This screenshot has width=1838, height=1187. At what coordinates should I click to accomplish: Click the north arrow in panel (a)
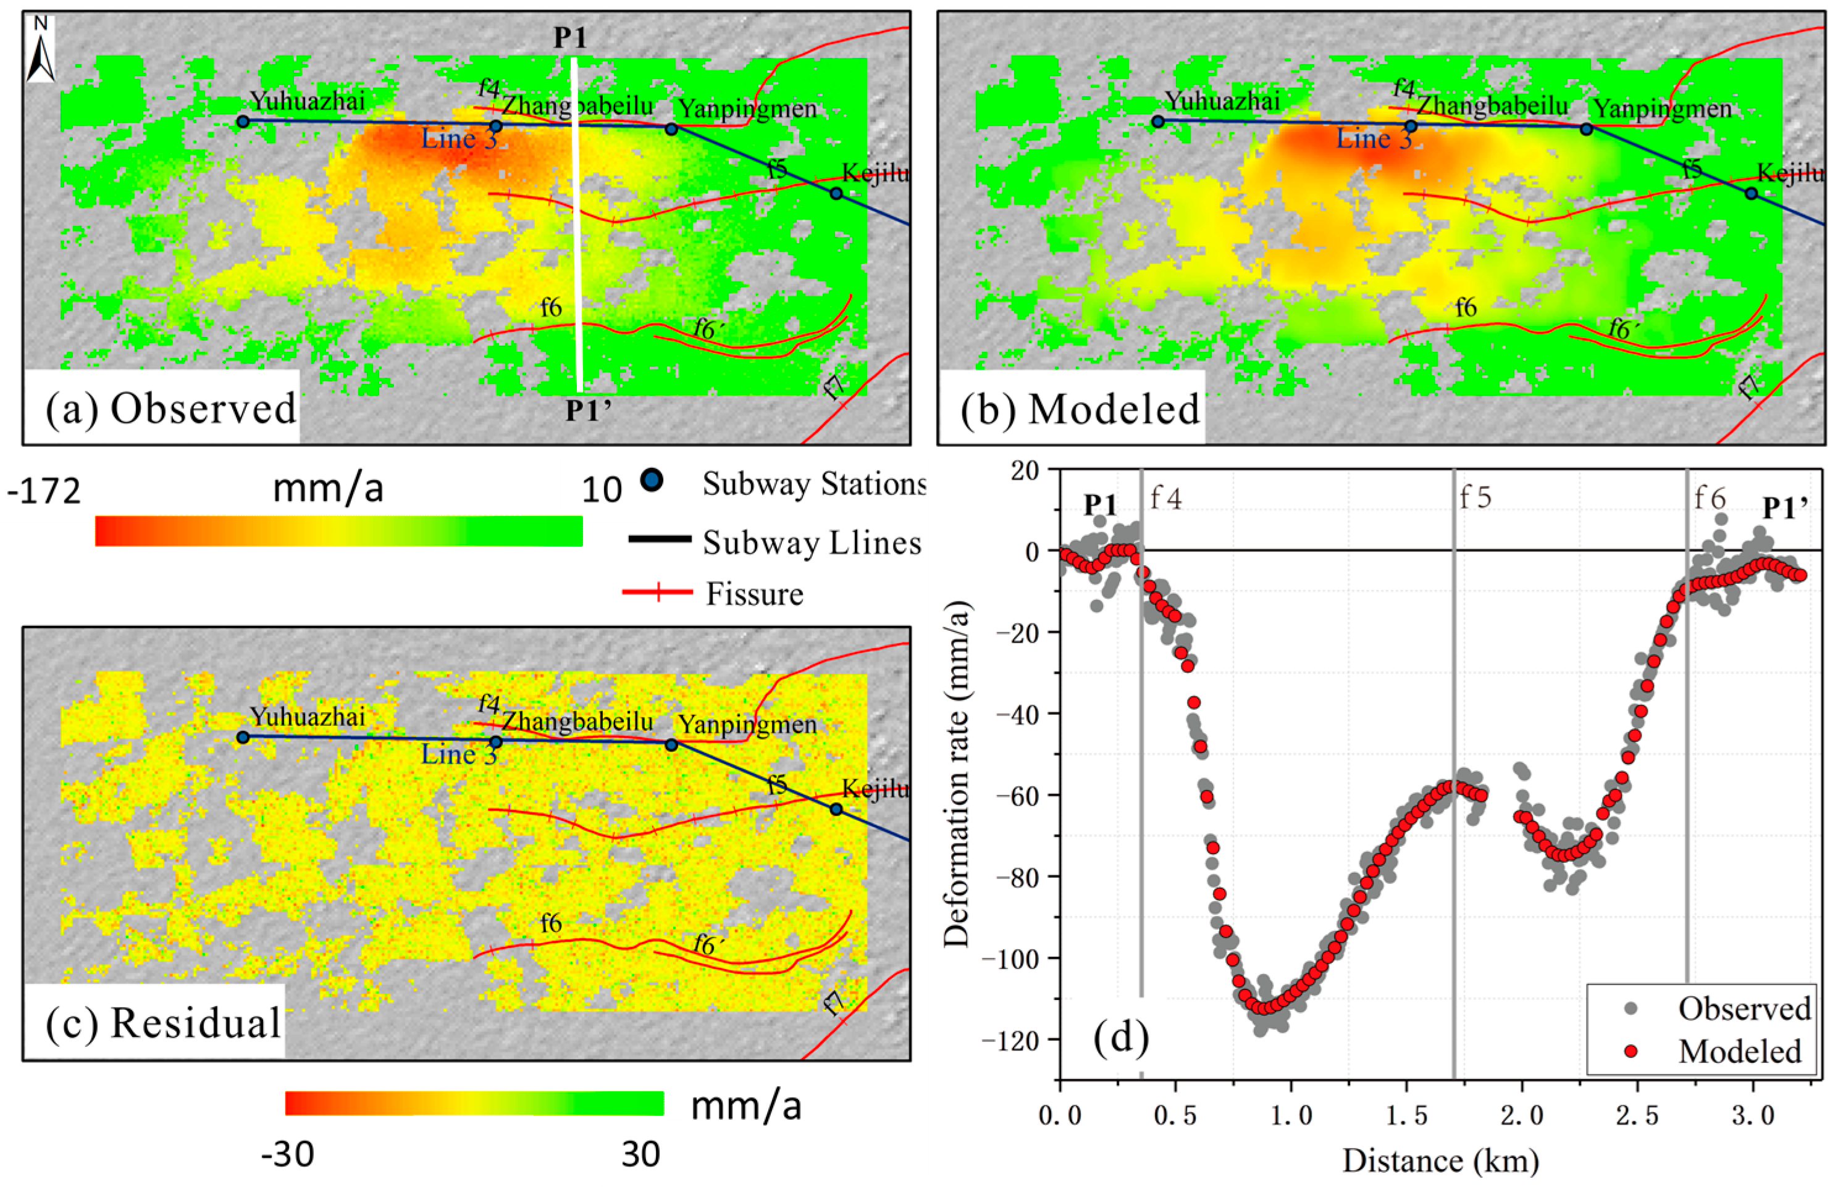coord(40,51)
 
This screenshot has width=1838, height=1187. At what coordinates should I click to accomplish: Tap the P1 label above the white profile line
coord(571,38)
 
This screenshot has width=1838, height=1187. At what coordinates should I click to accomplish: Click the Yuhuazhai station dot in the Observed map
coord(243,121)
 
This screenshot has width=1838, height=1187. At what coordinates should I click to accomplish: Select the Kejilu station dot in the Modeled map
coord(1751,193)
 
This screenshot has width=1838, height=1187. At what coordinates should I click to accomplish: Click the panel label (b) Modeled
coord(1080,408)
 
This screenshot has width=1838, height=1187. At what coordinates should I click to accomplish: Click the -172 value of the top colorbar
coord(44,491)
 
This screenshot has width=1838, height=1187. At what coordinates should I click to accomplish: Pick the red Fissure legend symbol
coord(657,592)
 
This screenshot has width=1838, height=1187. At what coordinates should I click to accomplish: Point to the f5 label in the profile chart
coord(1475,498)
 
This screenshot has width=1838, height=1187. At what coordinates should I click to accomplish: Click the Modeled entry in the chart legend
coord(1739,1051)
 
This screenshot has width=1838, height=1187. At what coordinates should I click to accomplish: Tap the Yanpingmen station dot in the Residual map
coord(671,744)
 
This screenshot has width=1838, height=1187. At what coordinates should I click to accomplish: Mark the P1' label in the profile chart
coord(1785,508)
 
